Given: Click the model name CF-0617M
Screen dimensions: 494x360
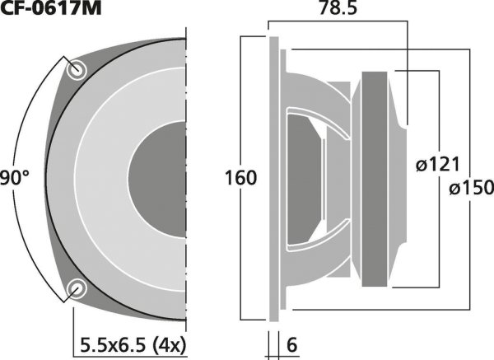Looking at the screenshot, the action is point(51,8).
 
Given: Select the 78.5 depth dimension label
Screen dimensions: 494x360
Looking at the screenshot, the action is point(338,8).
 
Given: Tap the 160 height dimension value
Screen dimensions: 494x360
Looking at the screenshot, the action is point(240,178).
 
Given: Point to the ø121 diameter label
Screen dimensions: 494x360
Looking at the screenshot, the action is point(438,164).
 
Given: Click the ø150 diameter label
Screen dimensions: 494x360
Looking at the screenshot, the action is point(471,187).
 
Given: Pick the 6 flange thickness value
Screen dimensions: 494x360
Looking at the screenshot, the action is point(291,345).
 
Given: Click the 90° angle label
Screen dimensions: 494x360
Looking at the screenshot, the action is point(14,177).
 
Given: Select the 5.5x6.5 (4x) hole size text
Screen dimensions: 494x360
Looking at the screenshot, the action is point(133,345).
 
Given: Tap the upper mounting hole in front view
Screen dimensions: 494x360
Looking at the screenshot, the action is point(77,70).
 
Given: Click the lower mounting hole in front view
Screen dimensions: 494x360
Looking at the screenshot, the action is point(77,288).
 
